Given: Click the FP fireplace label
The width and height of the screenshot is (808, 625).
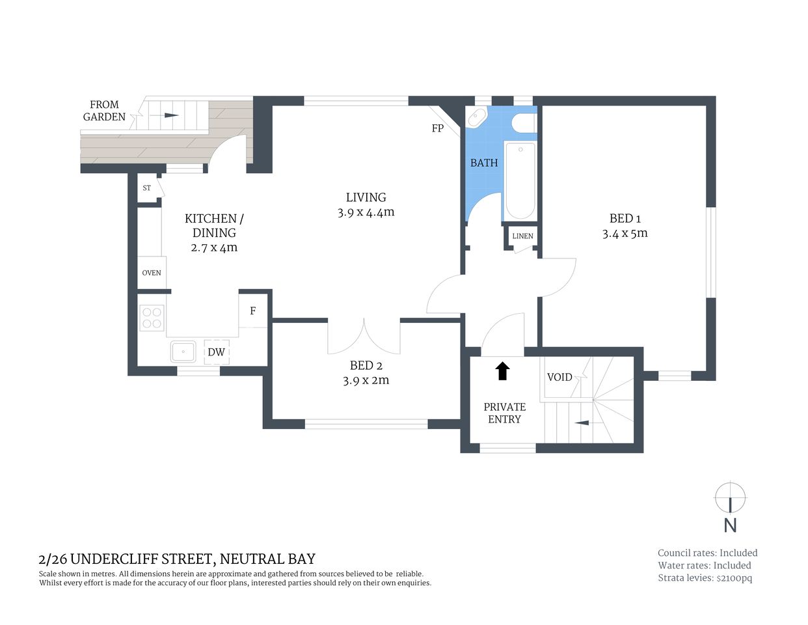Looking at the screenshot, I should (438, 128).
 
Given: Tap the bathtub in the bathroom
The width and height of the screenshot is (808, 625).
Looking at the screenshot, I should (520, 181).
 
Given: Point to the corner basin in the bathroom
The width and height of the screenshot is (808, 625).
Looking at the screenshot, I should (477, 117).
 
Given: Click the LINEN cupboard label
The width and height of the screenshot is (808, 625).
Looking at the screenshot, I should (522, 236).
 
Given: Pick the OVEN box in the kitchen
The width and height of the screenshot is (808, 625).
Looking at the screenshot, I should (152, 273).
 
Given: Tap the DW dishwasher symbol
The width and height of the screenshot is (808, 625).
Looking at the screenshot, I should (216, 352).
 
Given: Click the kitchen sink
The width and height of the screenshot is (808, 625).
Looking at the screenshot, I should (183, 352).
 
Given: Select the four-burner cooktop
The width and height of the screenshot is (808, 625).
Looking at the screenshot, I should (152, 318).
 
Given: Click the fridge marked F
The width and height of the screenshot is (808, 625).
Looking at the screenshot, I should (253, 311).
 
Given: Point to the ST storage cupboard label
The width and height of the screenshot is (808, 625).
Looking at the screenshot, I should (147, 188).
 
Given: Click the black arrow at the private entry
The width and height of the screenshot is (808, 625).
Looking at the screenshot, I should (502, 371).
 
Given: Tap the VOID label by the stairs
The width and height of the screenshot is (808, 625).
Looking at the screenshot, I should (559, 377).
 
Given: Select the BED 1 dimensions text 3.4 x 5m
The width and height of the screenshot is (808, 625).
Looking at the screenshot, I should (625, 234).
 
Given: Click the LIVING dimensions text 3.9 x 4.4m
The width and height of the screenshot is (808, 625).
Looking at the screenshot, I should (366, 212).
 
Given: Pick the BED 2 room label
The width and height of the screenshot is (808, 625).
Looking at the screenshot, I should (362, 365).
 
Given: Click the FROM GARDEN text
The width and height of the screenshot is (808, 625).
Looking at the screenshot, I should (104, 111).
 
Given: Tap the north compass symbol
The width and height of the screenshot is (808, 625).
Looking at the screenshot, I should (730, 499).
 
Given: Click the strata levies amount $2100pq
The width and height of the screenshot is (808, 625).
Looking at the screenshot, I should (734, 578).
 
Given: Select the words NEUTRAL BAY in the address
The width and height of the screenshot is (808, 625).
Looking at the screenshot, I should (267, 559).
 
